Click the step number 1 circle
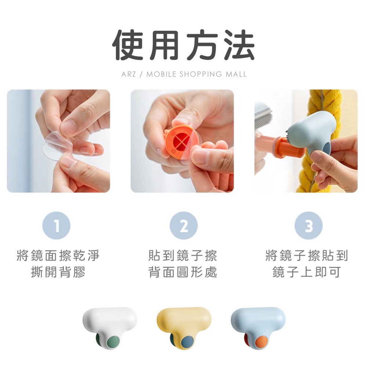(x=57, y=225)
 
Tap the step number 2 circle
(x=183, y=225)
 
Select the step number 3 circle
(x=309, y=225)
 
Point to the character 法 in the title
(x=239, y=45)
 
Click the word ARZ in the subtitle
(x=128, y=74)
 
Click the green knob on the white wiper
(x=113, y=343)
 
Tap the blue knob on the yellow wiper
(x=188, y=343)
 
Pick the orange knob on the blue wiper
(x=261, y=343)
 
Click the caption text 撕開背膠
(x=58, y=272)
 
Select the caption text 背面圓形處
(x=183, y=272)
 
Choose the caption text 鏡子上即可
(x=306, y=272)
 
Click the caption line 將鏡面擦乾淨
(x=58, y=255)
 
